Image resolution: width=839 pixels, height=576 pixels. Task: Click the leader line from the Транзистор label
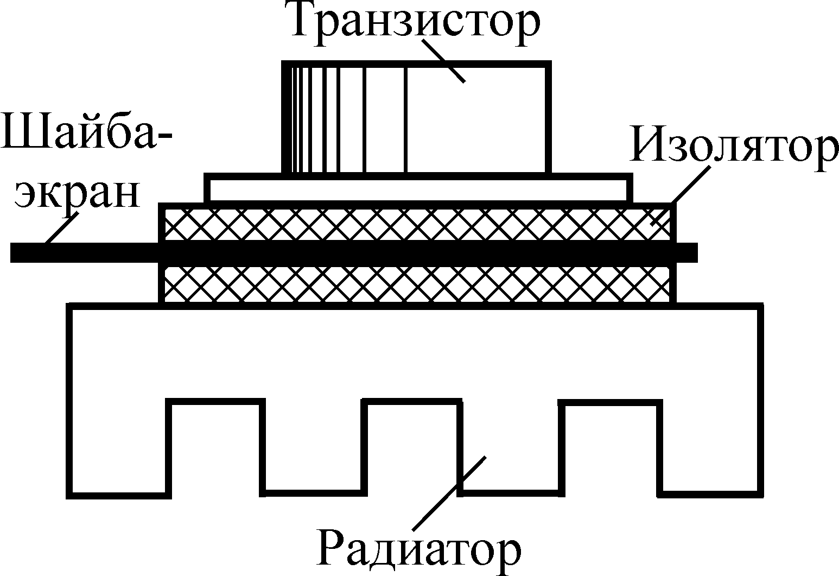pos(442,60)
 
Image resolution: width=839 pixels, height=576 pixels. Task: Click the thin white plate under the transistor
pos(418,187)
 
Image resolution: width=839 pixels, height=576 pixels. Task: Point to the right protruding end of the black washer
pos(687,252)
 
